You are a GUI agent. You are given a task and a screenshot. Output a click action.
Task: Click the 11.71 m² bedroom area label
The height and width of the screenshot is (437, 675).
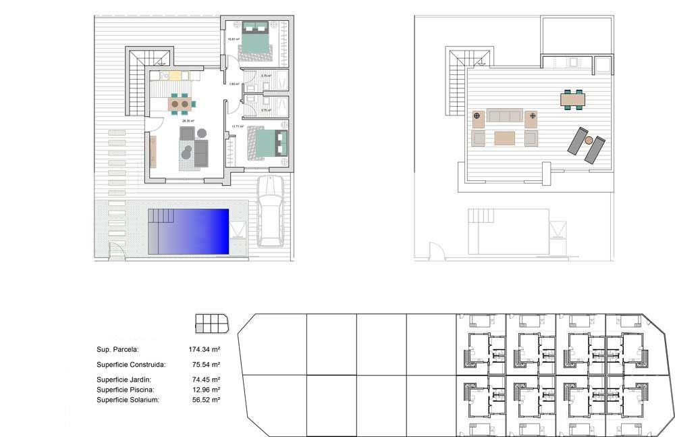click(236, 126)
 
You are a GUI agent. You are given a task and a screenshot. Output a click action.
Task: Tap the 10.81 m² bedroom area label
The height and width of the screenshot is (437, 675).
click(234, 38)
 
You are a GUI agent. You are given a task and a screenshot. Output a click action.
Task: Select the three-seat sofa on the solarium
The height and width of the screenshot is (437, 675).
click(505, 115)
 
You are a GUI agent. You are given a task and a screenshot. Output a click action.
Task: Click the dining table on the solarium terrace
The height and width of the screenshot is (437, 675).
click(573, 100)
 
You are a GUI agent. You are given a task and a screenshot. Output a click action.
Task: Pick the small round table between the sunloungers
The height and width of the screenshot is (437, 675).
click(589, 140)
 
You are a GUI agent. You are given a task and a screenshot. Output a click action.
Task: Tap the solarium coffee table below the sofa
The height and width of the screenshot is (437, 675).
click(505, 138)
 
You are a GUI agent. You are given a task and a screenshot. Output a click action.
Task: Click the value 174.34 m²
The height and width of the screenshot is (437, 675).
click(205, 350)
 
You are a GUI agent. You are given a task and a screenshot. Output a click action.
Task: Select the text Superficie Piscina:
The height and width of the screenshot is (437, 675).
click(126, 390)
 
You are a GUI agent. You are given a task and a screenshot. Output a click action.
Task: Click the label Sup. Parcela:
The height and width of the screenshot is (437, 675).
click(117, 350)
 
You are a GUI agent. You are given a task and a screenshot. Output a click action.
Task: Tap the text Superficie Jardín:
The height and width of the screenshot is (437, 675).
click(124, 380)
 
